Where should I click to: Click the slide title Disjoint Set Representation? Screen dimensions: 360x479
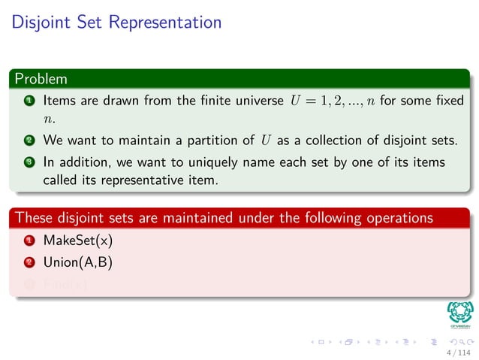pos(116,22)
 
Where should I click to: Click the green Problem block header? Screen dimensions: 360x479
pos(41,78)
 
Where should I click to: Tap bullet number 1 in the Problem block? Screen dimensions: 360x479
pos(28,100)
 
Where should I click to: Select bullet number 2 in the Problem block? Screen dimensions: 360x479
pos(28,140)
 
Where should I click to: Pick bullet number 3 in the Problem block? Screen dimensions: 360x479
pos(28,162)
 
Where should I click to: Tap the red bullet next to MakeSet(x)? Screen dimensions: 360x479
pos(28,243)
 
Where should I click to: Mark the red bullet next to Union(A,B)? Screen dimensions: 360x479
pos(28,264)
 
